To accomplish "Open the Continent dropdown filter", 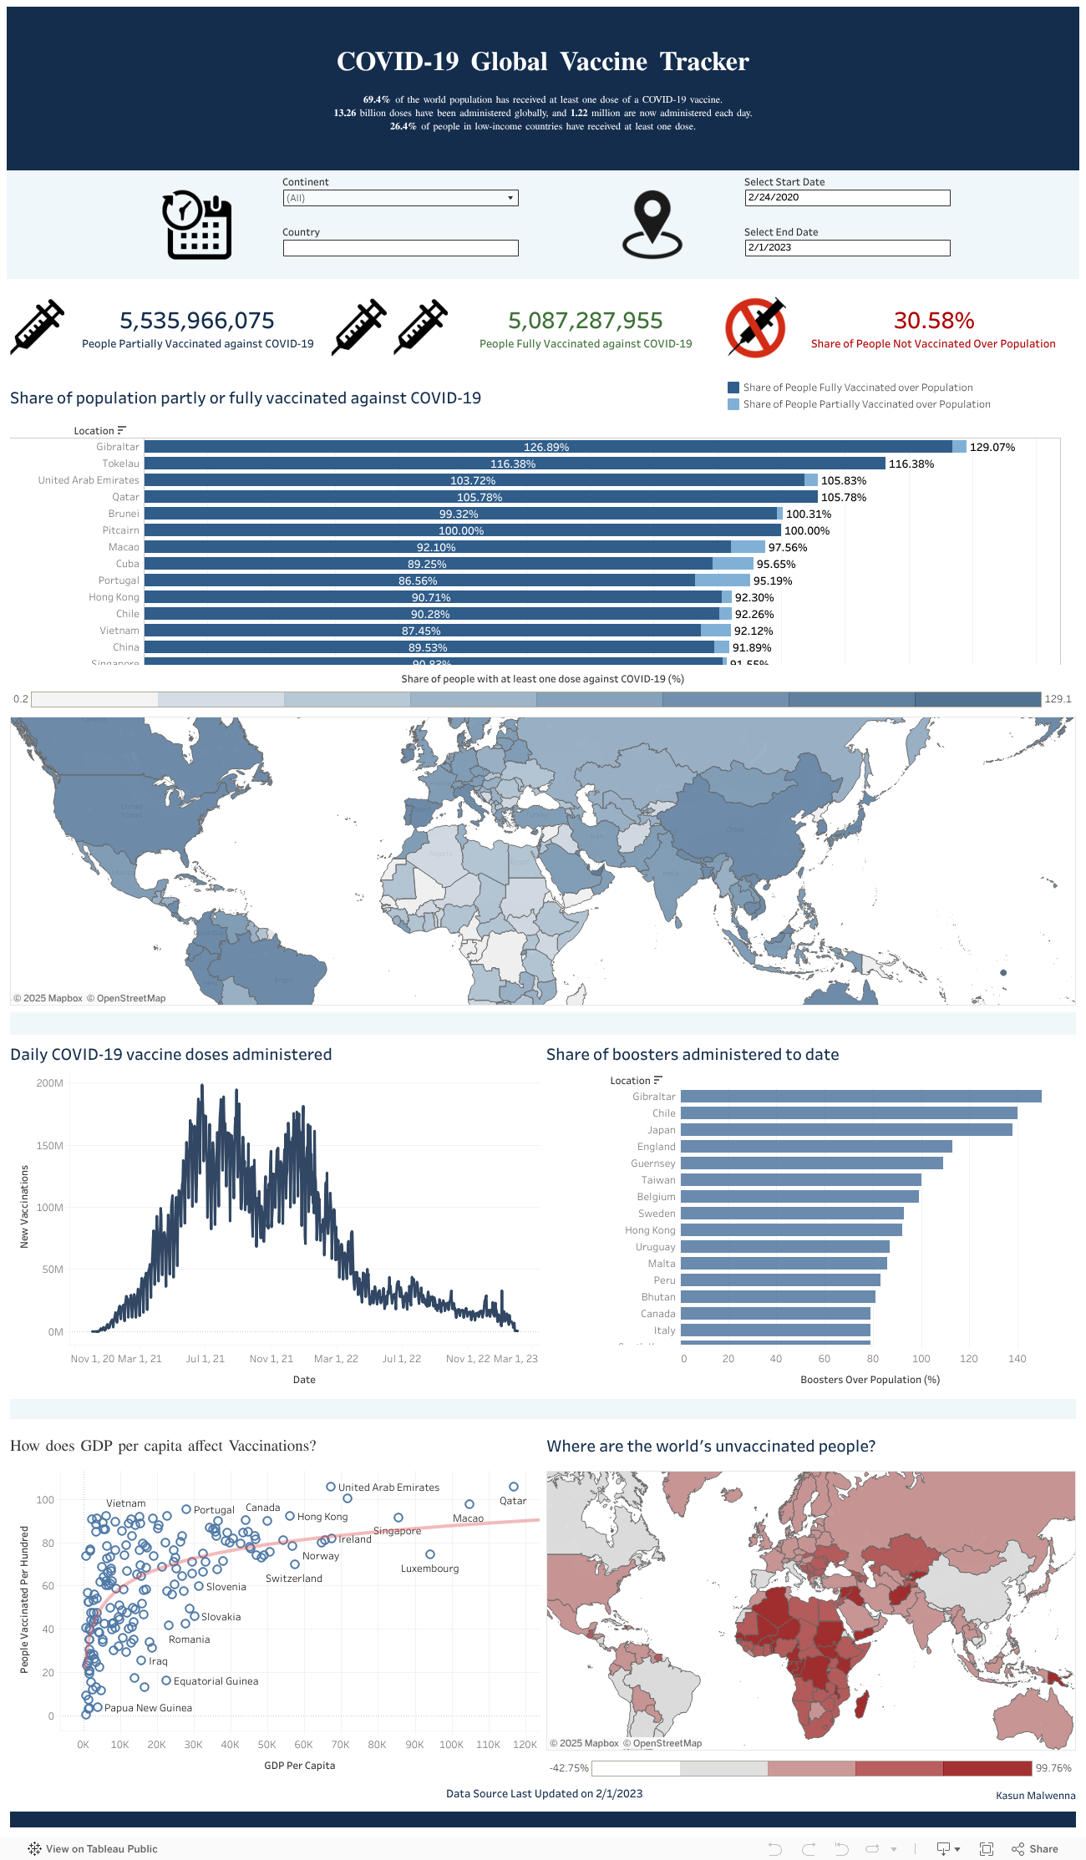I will (x=400, y=198).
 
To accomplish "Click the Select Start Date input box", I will (x=847, y=198).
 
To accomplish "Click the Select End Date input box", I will (x=847, y=248).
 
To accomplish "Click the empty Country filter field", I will (x=400, y=248).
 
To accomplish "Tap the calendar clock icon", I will (x=197, y=226).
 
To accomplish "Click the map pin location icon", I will (x=652, y=225).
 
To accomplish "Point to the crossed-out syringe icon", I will (x=756, y=328).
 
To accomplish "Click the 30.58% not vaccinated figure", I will (x=934, y=321).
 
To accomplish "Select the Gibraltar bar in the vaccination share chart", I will (x=547, y=447).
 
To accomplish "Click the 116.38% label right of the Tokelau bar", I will (x=911, y=464).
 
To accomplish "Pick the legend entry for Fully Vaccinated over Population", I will (x=857, y=388).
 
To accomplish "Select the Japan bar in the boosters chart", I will (x=845, y=1130).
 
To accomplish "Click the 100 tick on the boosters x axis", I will (x=921, y=1359).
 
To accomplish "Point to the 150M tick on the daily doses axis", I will (x=50, y=1146).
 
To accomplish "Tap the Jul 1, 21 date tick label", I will (x=206, y=1359).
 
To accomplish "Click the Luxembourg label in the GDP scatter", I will (x=430, y=1569).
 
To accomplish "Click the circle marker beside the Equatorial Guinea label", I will (x=166, y=1680).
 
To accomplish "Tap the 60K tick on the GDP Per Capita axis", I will (x=303, y=1745).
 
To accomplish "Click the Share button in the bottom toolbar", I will (x=1035, y=1849).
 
